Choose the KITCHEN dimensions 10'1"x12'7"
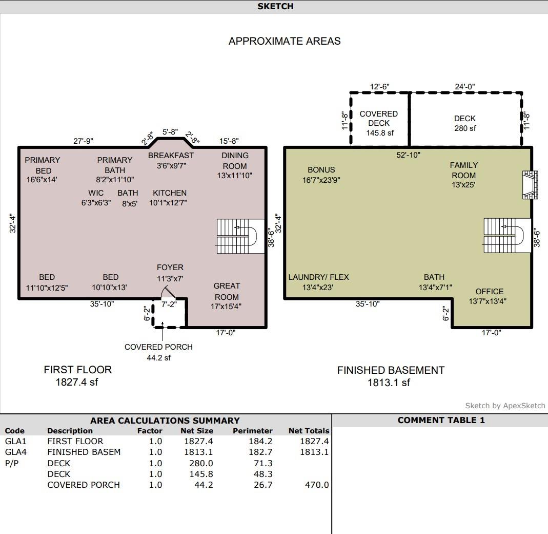click(168, 203)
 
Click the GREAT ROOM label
click(227, 291)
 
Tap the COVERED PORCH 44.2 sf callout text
click(158, 352)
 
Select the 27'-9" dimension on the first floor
click(83, 141)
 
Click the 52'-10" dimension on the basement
click(408, 155)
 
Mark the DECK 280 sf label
click(465, 123)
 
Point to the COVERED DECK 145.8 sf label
click(379, 123)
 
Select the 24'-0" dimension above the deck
click(465, 87)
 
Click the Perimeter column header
click(252, 431)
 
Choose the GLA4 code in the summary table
click(15, 452)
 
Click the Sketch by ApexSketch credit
click(505, 406)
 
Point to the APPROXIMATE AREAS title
click(285, 41)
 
